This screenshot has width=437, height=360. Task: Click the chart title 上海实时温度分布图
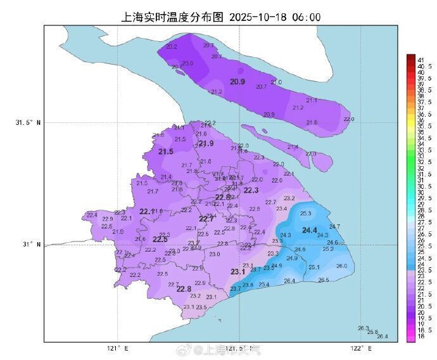point(173,17)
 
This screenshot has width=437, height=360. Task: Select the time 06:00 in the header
point(307,17)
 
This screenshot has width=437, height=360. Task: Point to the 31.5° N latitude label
point(28,123)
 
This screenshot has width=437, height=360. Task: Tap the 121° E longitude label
point(117,349)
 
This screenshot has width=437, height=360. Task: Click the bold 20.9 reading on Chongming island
point(237,82)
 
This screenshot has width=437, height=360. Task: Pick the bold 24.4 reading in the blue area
point(310,230)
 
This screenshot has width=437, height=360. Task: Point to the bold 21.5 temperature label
point(166,152)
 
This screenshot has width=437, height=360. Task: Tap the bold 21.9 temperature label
point(206,144)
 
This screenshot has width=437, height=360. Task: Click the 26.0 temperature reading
point(341,266)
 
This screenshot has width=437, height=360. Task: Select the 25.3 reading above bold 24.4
point(306,214)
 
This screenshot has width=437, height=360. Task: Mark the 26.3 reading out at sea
point(363,328)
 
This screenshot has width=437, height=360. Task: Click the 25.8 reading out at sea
point(372,332)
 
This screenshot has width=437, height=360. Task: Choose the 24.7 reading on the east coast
point(334,226)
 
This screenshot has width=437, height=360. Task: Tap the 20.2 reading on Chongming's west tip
point(171,47)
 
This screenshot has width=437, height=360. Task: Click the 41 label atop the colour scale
point(420,59)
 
